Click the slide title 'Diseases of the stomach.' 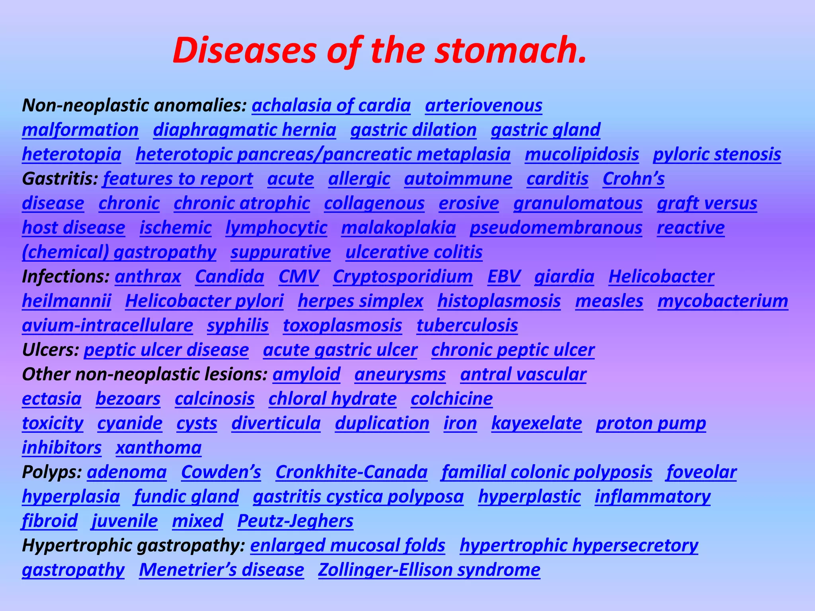coord(380,51)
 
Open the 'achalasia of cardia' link coord(331,106)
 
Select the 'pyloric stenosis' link coord(717,155)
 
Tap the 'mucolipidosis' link coord(582,155)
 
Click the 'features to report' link coord(178,179)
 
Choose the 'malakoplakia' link coord(398,228)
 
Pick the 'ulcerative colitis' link coord(414,252)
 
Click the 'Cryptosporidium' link coord(403,277)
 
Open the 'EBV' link coord(504,277)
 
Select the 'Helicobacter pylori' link coord(204,301)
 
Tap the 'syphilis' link coord(238,326)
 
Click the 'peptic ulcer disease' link coord(166,350)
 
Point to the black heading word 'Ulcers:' coord(51,350)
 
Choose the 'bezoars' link coord(128,399)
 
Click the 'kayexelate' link coord(536,423)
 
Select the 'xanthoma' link coord(158,448)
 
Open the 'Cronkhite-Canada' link coord(351,472)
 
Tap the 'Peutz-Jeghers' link coord(295,521)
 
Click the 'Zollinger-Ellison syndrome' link coord(429,570)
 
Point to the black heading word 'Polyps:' coord(52,472)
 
